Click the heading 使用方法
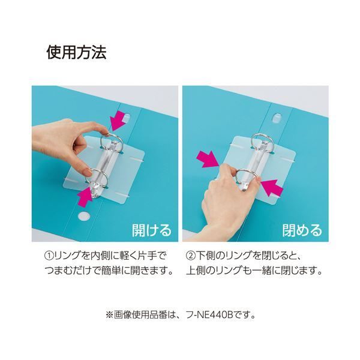76,53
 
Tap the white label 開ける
151,229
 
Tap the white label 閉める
302,229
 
